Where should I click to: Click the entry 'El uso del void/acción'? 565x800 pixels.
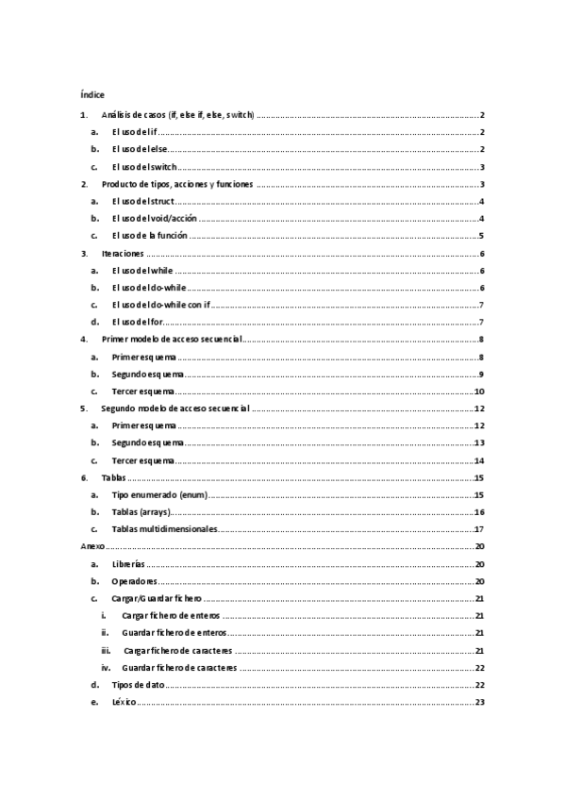[154, 219]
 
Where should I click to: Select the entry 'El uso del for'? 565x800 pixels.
[139, 322]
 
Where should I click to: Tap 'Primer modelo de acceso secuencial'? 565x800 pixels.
[171, 339]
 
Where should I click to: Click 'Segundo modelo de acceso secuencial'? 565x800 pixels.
[174, 408]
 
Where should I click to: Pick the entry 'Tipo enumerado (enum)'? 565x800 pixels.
[159, 494]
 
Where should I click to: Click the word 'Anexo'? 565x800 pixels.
[91, 546]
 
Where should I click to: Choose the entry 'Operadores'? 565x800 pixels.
[134, 580]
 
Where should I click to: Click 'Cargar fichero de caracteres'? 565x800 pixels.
[177, 650]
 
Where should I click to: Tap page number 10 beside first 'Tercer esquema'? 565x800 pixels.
[479, 391]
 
